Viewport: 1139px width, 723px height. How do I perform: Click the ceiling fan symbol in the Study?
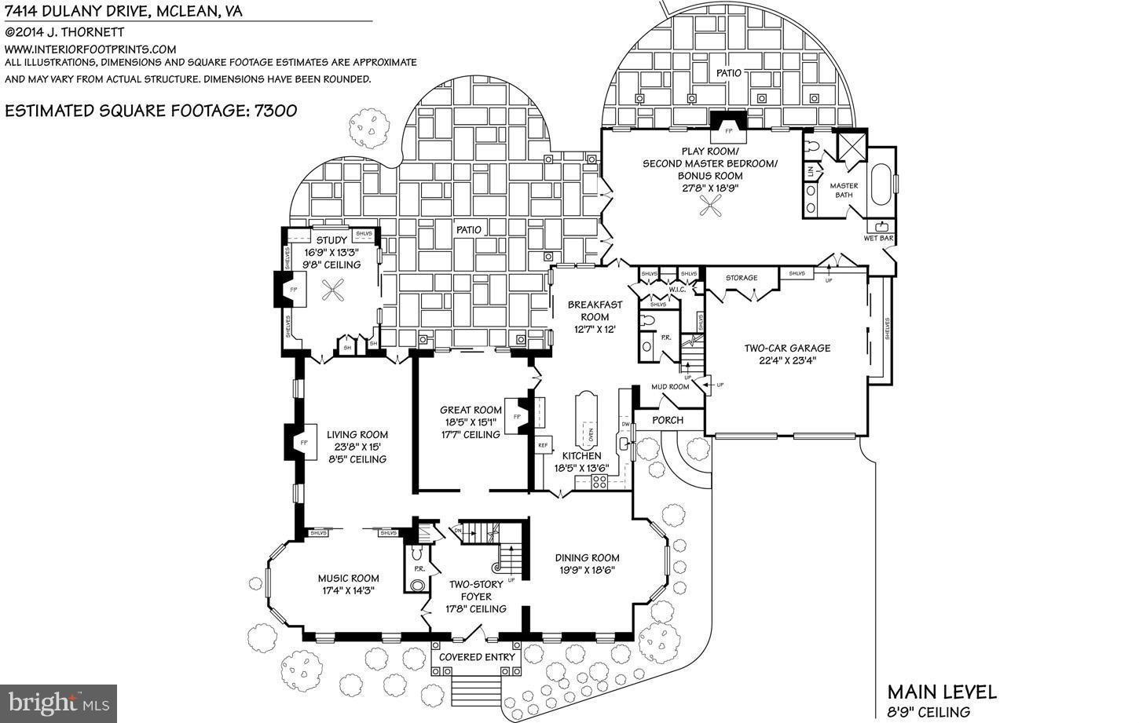[333, 294]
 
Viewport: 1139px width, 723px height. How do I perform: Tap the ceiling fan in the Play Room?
[712, 206]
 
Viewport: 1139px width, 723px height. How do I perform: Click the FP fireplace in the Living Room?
[302, 444]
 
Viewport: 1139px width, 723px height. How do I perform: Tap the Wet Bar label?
[878, 238]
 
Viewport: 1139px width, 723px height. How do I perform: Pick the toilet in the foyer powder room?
[417, 584]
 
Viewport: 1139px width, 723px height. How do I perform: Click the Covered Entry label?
[477, 656]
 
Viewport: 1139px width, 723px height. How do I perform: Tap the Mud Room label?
[669, 386]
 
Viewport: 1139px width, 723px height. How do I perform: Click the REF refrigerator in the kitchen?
[542, 445]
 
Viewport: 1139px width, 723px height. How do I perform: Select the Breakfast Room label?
[595, 311]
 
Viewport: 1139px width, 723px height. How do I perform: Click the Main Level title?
[941, 692]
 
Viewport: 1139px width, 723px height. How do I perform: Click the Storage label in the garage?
[741, 278]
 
